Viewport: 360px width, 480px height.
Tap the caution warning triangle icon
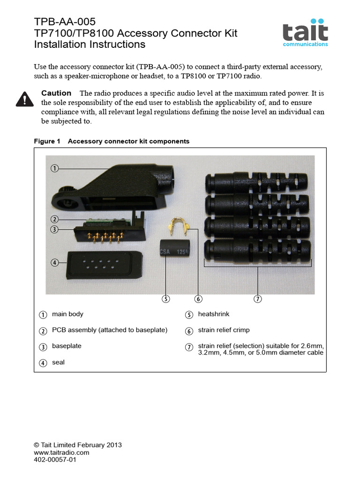[24, 99]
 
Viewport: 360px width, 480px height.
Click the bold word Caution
[56, 93]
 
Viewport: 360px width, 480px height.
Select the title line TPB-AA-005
[65, 22]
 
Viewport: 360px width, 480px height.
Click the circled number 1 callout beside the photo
[55, 168]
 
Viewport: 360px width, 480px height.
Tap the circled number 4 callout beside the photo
[55, 262]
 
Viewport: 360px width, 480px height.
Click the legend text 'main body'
[67, 314]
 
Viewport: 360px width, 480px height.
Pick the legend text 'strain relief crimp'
[224, 330]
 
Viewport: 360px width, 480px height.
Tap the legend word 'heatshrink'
[213, 314]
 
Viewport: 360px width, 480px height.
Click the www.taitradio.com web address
[61, 453]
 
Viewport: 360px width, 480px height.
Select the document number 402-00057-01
[55, 460]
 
